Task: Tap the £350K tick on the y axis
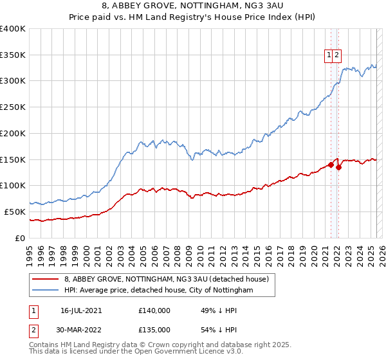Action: coord(13,55)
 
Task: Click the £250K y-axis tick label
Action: coord(13,107)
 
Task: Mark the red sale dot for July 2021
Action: coord(331,165)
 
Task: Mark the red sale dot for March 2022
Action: coord(339,167)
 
